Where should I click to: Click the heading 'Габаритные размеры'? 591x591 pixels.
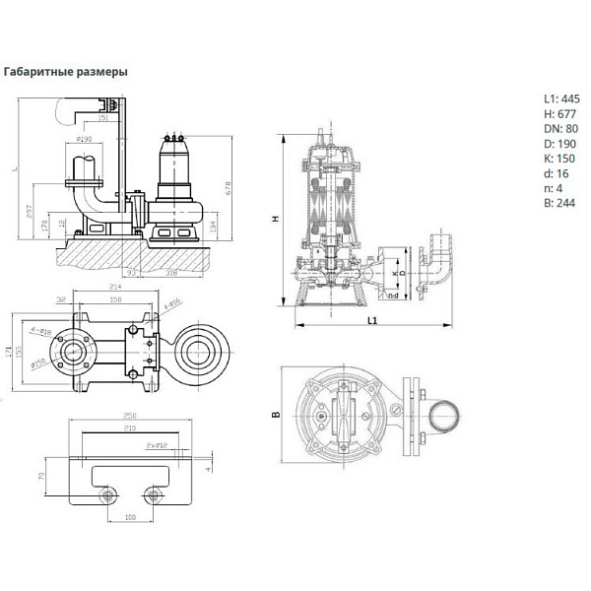point(66,72)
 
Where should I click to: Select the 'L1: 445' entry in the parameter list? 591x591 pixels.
point(561,98)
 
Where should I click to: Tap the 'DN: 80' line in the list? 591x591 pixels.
point(559,129)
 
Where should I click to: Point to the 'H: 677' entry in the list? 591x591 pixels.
point(559,113)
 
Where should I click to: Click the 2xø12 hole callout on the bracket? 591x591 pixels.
point(156,445)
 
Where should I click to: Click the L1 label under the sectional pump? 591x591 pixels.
point(371,321)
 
